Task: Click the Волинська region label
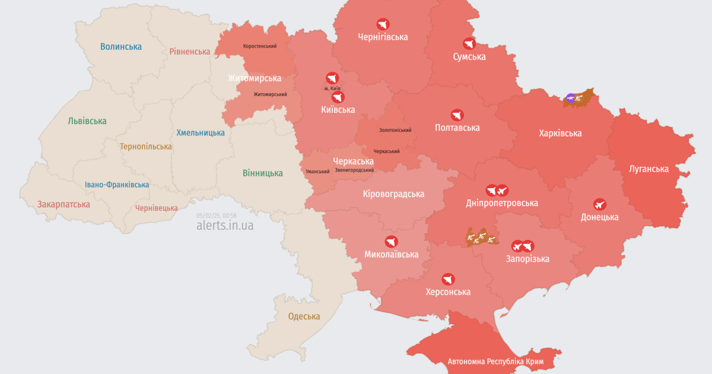(x=121, y=46)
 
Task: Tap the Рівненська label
(x=190, y=52)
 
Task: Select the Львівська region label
(x=87, y=121)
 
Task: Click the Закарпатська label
(x=63, y=204)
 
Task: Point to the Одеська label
(x=304, y=316)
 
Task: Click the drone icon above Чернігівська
(x=383, y=24)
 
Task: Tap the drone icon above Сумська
(x=469, y=43)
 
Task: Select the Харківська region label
(x=560, y=133)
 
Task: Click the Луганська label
(x=649, y=169)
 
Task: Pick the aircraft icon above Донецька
(x=599, y=204)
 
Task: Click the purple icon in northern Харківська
(x=570, y=98)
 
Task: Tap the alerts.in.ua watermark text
(x=225, y=226)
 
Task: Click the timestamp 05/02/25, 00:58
(x=217, y=215)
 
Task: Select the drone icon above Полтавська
(x=457, y=115)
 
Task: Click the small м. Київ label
(x=332, y=88)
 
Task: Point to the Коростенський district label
(x=259, y=46)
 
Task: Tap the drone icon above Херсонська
(x=448, y=279)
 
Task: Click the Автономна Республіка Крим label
(x=495, y=361)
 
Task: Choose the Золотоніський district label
(x=395, y=130)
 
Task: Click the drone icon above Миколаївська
(x=391, y=242)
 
